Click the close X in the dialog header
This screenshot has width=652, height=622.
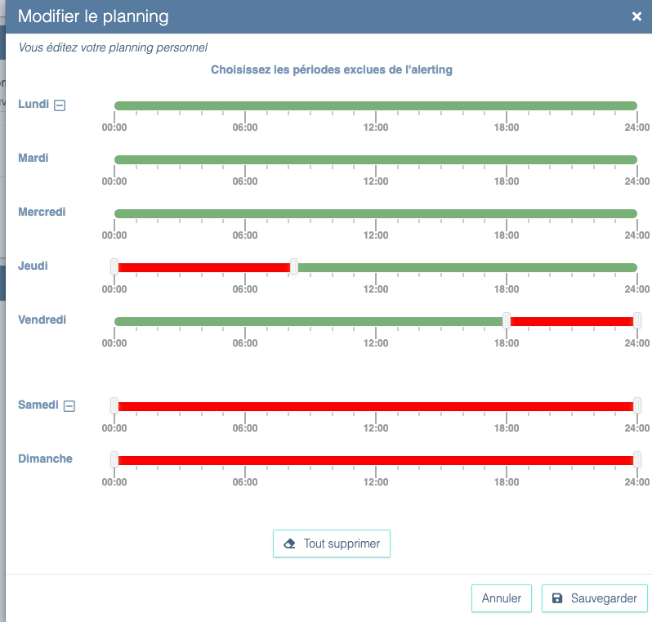[x=636, y=16]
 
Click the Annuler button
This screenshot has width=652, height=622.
[x=502, y=598]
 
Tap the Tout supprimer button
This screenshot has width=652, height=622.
[x=332, y=544]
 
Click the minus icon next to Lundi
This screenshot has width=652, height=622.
[x=60, y=105]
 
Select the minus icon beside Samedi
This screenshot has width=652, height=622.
[x=69, y=405]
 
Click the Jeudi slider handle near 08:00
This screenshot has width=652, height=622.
[x=294, y=266]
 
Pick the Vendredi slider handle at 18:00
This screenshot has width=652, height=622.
[x=507, y=320]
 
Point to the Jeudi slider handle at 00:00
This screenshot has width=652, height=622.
[x=114, y=266]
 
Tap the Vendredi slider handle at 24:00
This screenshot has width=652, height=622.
[x=637, y=320]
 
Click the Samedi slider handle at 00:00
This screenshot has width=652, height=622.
[x=114, y=405]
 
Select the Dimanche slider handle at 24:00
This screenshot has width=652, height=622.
[x=637, y=459]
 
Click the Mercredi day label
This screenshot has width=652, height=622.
[x=42, y=212]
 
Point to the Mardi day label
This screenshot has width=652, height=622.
[x=33, y=158]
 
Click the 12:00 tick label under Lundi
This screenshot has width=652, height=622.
[x=376, y=127]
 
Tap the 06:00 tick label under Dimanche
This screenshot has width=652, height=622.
[x=245, y=481]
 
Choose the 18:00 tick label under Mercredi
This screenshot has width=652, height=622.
[x=507, y=235]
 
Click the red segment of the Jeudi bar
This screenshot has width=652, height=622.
[x=204, y=267]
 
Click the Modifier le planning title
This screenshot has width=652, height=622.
[x=93, y=16]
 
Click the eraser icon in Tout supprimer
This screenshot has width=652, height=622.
[x=289, y=544]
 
